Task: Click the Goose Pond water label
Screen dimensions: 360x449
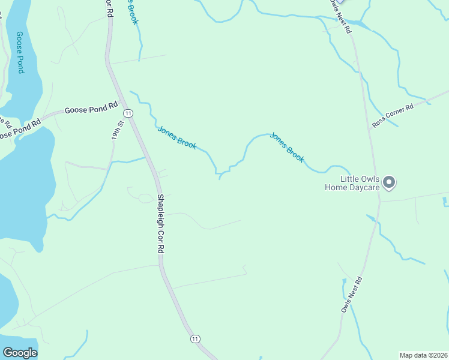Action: (20, 52)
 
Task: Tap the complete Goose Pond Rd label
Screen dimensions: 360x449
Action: (91, 109)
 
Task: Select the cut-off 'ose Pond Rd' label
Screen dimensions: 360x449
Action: (20, 128)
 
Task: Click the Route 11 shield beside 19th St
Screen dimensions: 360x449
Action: (128, 113)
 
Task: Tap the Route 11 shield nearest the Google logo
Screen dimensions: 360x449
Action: (194, 339)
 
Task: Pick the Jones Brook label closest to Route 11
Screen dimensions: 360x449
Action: (176, 137)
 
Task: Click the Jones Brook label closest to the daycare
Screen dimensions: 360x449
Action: (287, 147)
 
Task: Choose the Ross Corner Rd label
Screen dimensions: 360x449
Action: (393, 115)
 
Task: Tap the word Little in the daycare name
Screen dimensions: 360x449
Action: (351, 179)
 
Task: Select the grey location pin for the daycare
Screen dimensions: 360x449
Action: (389, 182)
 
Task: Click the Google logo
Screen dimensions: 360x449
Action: (20, 353)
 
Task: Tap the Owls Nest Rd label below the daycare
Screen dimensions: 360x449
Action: (352, 294)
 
